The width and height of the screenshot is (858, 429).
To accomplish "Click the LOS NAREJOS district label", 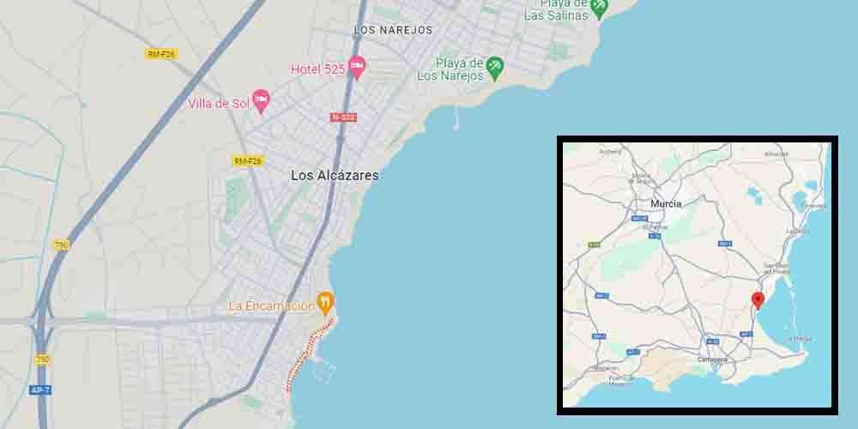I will click(x=393, y=30).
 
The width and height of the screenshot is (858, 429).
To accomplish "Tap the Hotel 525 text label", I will click(x=317, y=69).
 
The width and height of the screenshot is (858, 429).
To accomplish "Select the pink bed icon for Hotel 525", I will click(x=357, y=67).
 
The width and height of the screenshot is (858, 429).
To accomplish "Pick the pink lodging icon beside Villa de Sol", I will click(x=261, y=101).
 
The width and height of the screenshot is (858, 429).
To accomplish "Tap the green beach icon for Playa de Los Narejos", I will click(x=494, y=66).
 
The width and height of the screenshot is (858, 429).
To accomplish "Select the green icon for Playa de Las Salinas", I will click(x=599, y=7).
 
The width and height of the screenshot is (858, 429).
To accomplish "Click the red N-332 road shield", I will click(x=343, y=117).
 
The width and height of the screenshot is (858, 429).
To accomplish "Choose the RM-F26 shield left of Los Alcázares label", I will click(x=247, y=160).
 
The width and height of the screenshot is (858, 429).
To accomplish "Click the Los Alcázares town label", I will click(x=335, y=175).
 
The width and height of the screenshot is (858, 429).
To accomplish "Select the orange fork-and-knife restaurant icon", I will click(x=325, y=302).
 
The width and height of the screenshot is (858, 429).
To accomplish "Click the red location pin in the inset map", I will click(x=758, y=299).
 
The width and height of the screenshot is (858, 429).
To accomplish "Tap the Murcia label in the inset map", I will click(x=667, y=203).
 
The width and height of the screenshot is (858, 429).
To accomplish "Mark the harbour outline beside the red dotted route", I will click(x=324, y=370).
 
